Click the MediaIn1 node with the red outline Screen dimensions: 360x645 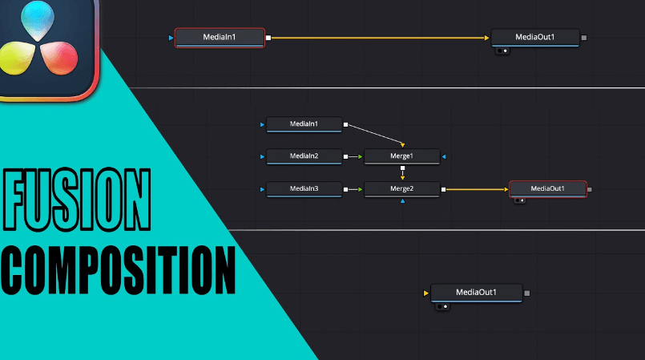pos(219,37)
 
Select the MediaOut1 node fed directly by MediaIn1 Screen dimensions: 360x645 pos(534,37)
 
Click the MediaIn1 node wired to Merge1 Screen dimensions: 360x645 pos(304,124)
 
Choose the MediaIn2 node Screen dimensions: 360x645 pos(304,156)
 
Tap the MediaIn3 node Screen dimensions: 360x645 pos(304,189)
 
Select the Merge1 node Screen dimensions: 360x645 pos(401,156)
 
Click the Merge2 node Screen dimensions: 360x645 pos(401,189)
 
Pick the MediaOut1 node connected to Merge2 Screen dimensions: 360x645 pos(548,188)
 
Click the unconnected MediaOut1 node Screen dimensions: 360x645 pos(476,293)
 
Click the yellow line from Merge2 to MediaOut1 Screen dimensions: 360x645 pos(477,190)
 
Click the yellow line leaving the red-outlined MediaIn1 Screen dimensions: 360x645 pos(377,38)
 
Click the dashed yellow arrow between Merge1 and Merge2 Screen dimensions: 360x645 pos(402,172)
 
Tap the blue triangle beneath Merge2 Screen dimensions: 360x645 pos(402,201)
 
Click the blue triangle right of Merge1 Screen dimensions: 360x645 pos(444,156)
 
